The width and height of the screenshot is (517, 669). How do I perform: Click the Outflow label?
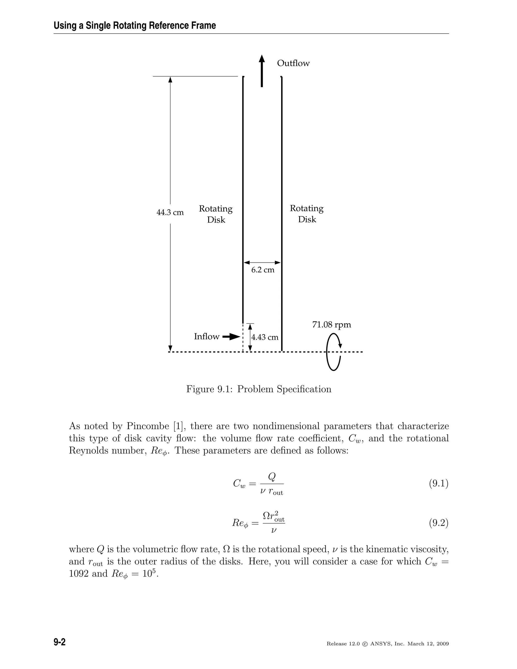[x=293, y=63]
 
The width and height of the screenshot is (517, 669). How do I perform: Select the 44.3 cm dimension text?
[x=170, y=212]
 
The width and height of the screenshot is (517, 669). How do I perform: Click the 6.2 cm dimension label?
[x=263, y=270]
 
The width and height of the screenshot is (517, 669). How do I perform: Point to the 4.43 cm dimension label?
[x=265, y=337]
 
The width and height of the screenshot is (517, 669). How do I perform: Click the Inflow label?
[x=207, y=337]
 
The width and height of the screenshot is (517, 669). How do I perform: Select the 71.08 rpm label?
[x=332, y=325]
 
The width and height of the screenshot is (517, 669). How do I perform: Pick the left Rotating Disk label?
[x=216, y=214]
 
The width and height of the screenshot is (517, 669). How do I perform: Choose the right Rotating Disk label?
[x=306, y=214]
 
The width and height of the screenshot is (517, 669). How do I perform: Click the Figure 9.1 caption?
[x=259, y=389]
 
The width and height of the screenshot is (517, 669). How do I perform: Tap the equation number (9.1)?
[x=438, y=483]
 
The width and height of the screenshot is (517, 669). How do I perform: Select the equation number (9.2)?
[x=438, y=523]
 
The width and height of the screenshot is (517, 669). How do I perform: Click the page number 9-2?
[x=60, y=642]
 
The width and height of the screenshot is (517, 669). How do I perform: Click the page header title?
[x=135, y=25]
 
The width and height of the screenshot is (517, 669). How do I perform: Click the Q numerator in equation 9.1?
[x=272, y=476]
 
